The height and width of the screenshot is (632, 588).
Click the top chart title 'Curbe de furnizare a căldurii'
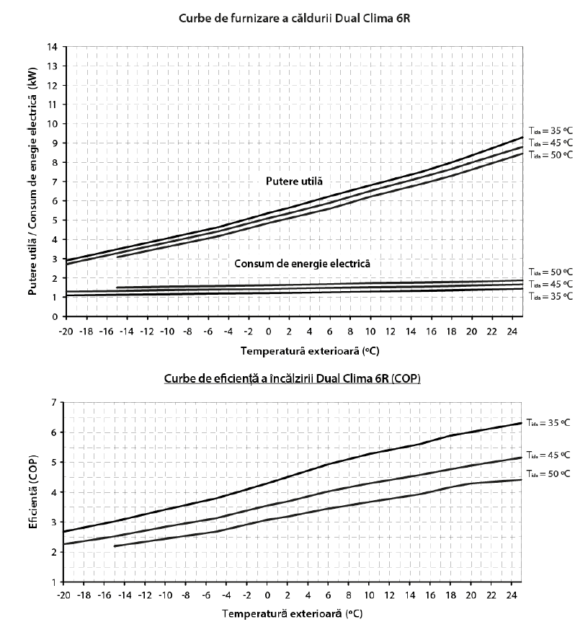point(256,19)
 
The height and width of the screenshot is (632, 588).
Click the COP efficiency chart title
point(292,378)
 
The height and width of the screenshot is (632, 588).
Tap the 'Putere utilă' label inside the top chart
point(294,182)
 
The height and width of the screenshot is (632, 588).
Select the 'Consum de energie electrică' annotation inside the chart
point(302,264)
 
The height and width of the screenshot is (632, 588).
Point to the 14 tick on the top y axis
point(53,47)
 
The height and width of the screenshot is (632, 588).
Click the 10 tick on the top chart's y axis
point(53,124)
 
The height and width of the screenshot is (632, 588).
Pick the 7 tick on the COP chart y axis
point(54,402)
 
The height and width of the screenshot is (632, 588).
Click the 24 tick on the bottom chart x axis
point(511,595)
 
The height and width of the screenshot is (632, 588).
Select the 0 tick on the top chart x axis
point(268,331)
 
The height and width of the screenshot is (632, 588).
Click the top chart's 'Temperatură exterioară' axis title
point(310,351)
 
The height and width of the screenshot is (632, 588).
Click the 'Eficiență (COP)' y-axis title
point(33,491)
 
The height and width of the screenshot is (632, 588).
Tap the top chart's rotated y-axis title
point(32,181)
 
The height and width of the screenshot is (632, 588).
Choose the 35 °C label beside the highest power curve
point(551,130)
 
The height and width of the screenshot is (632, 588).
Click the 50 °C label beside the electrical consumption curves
point(551,272)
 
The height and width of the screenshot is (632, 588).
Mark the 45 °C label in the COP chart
point(548,455)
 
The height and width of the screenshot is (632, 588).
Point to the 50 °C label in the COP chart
point(548,473)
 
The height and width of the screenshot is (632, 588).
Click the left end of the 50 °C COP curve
point(115,546)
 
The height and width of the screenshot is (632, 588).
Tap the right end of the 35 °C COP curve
point(521,423)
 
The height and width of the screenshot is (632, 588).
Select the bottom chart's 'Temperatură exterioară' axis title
point(293,614)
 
